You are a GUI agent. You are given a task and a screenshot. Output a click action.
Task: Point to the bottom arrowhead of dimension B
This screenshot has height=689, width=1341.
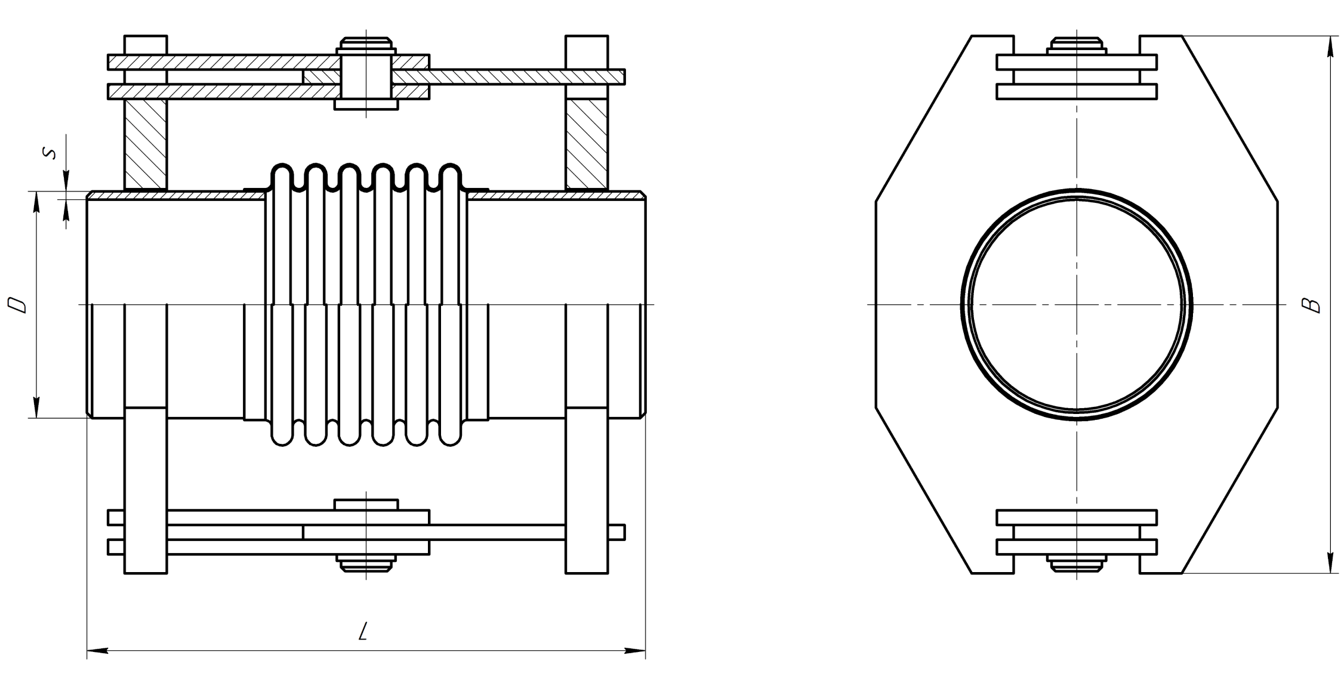1330,563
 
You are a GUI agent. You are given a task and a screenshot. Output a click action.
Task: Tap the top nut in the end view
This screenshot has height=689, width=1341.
1077,45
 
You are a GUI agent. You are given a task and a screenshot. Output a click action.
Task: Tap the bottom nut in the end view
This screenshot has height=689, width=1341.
1077,563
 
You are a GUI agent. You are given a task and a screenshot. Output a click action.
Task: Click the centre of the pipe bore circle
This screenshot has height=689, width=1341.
1077,305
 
